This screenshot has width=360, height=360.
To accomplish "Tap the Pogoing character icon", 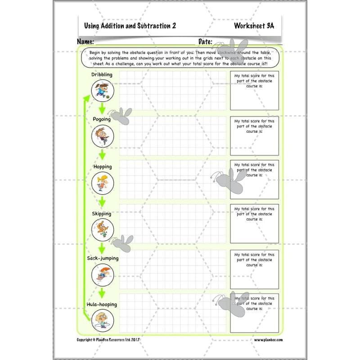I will click(x=103, y=136).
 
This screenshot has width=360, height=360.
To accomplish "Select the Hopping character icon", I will click(x=103, y=183).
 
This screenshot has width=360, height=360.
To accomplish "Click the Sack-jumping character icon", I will click(x=103, y=274).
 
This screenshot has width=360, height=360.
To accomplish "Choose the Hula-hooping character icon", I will click(x=103, y=321).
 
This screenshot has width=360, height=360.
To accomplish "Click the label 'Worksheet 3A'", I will click(x=254, y=26).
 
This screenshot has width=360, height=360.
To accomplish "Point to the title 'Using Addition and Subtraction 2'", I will click(x=130, y=26).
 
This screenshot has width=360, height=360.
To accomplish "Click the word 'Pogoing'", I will click(x=102, y=119).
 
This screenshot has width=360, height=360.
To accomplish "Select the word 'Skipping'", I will click(x=102, y=214).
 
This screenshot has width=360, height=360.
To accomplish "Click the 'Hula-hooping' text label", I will click(x=101, y=304).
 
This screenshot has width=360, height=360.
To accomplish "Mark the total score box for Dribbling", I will click(x=254, y=90).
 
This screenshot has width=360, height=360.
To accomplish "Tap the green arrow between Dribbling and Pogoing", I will click(x=103, y=108).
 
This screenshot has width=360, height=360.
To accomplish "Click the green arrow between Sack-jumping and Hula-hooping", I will click(x=103, y=292).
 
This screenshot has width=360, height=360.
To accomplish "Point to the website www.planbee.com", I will click(x=268, y=340).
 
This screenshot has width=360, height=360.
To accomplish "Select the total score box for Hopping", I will click(x=254, y=180).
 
